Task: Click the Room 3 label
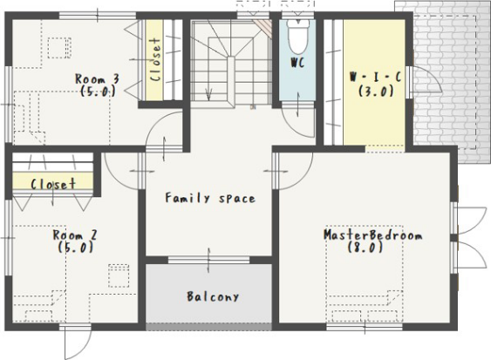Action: (x=97, y=78)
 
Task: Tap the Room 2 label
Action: (x=75, y=234)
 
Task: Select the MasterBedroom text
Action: (x=372, y=234)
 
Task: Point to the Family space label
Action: (x=210, y=198)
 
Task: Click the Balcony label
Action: (x=213, y=296)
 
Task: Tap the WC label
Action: (x=297, y=63)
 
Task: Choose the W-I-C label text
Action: (x=376, y=77)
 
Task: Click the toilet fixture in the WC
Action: (x=298, y=36)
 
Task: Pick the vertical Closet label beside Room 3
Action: (x=154, y=60)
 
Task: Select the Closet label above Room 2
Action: (x=53, y=184)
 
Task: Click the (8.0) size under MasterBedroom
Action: (x=365, y=248)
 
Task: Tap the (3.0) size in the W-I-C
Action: (x=376, y=92)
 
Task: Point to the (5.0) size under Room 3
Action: (x=98, y=92)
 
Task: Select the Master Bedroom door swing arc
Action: (x=303, y=179)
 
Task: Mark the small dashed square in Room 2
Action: (x=119, y=275)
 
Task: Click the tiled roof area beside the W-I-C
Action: (x=451, y=81)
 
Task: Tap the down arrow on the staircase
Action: (x=208, y=93)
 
